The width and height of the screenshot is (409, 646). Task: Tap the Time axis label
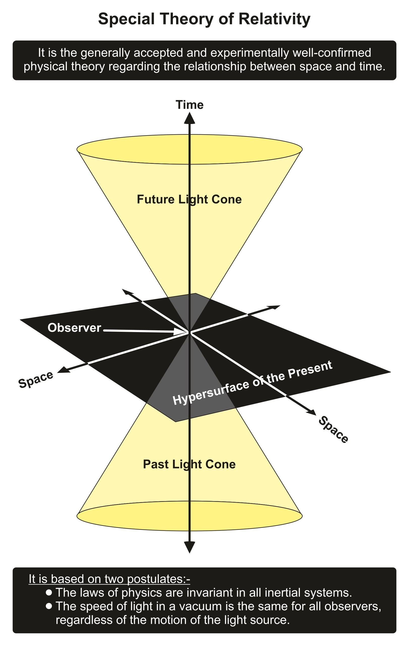tap(190, 105)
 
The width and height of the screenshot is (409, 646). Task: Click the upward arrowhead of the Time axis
tap(190, 118)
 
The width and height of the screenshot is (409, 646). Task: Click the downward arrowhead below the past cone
tap(190, 547)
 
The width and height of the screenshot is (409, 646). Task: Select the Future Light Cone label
tap(189, 200)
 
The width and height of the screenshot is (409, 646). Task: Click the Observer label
tap(74, 328)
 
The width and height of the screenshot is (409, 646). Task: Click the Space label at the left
tap(36, 380)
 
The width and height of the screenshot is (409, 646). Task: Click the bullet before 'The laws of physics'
tap(49, 592)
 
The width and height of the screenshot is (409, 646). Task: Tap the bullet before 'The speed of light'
tap(49, 606)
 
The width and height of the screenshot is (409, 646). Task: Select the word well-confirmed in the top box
tap(332, 53)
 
